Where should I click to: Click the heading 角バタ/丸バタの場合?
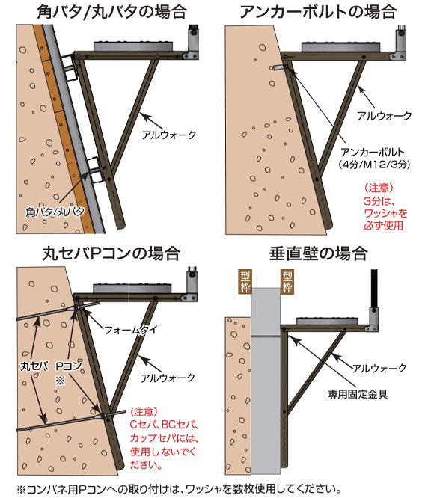pyautogui.click(x=111, y=12)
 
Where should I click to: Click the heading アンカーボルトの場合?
pyautogui.click(x=318, y=12)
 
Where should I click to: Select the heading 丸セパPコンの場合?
pyautogui.click(x=111, y=253)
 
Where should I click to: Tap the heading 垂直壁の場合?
pyautogui.click(x=319, y=253)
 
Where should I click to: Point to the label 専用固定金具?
pyautogui.click(x=358, y=395)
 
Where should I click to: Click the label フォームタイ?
pyautogui.click(x=131, y=330)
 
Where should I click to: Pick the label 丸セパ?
pyautogui.click(x=34, y=366)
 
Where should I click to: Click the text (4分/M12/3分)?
pyautogui.click(x=373, y=165)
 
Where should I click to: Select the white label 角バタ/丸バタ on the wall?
pyautogui.click(x=55, y=212)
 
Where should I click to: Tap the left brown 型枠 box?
pyautogui.click(x=245, y=282)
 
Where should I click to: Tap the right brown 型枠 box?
pyautogui.click(x=287, y=282)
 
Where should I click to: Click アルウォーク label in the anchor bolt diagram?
pyautogui.click(x=384, y=116)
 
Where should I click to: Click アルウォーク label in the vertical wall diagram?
pyautogui.click(x=379, y=368)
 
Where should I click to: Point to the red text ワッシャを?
pyautogui.click(x=385, y=213)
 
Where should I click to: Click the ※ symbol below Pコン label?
pyautogui.click(x=60, y=380)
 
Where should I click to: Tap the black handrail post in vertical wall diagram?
pyautogui.click(x=375, y=289)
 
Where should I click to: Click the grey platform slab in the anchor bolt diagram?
pyautogui.click(x=340, y=47)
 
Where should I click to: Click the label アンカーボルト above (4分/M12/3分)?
pyautogui.click(x=373, y=152)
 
